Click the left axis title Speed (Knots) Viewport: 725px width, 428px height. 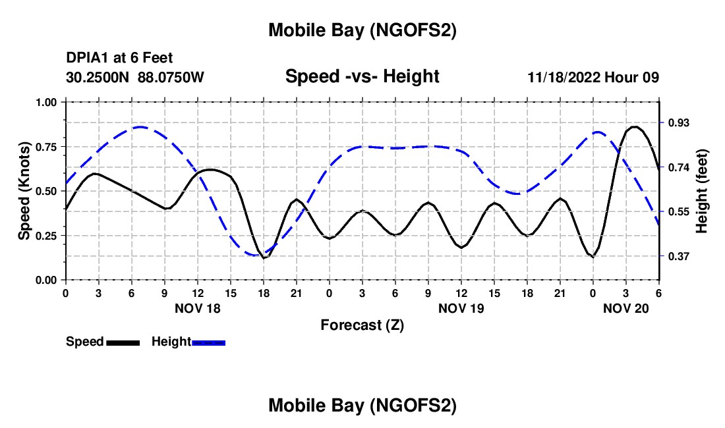pyautogui.click(x=24, y=191)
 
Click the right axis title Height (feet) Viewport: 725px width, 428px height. pyautogui.click(x=701, y=191)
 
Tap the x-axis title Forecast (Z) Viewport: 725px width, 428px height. pyautogui.click(x=362, y=325)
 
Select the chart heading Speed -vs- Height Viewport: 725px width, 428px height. pyautogui.click(x=362, y=77)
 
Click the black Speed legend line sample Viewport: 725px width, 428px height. pyautogui.click(x=123, y=342)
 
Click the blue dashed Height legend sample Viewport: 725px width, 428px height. pyautogui.click(x=208, y=342)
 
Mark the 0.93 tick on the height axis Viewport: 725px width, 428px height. pyautogui.click(x=678, y=123)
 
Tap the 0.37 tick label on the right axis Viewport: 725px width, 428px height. pyautogui.click(x=678, y=256)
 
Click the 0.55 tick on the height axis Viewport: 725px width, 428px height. pyautogui.click(x=678, y=212)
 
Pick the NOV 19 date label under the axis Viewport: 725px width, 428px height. pyautogui.click(x=461, y=308)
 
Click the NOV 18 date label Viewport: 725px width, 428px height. pyautogui.click(x=197, y=308)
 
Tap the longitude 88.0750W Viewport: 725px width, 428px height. pyautogui.click(x=171, y=78)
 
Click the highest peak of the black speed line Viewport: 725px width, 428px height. pyautogui.click(x=634, y=126)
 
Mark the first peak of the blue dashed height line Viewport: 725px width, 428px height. pyautogui.click(x=140, y=127)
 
